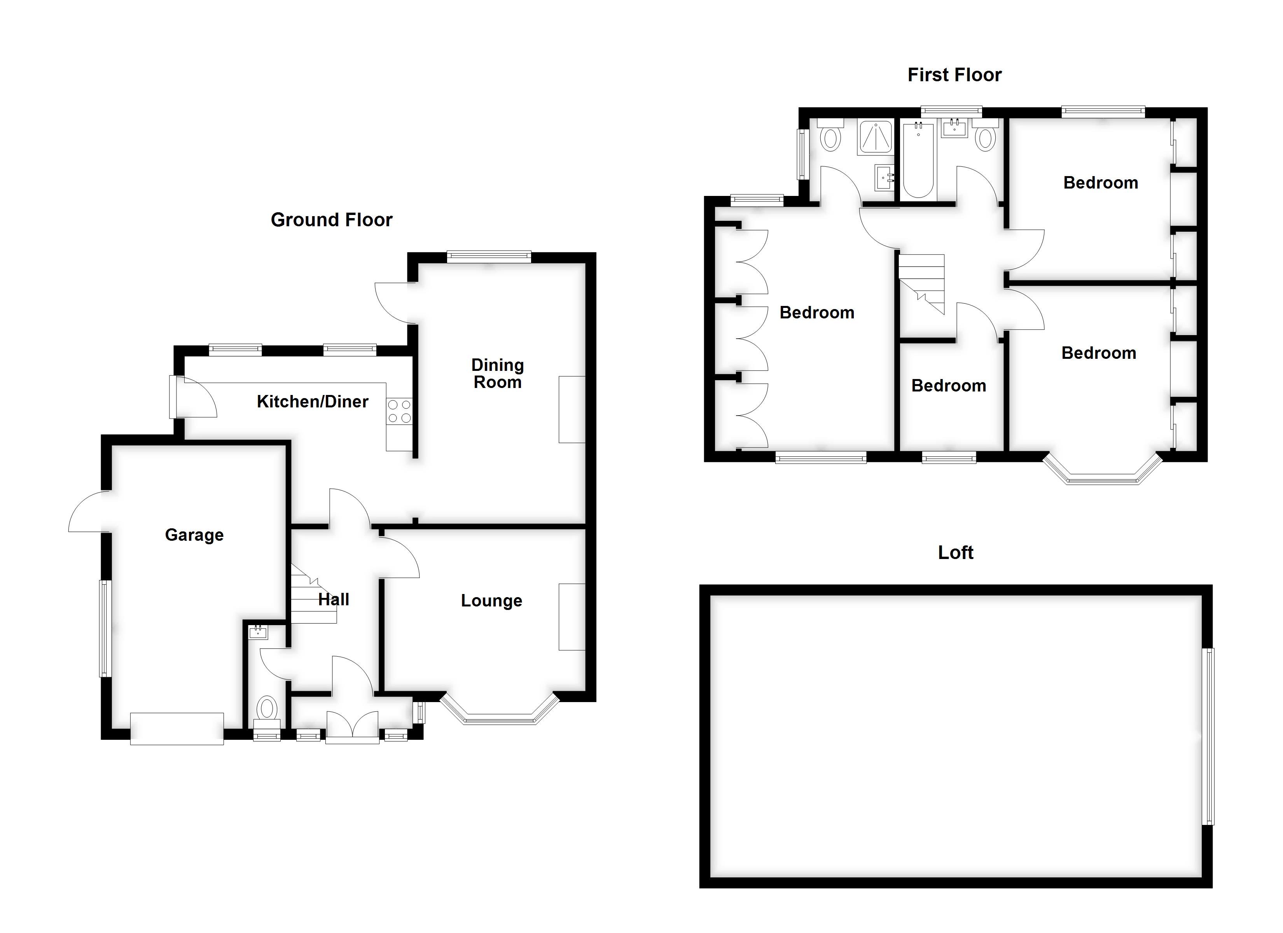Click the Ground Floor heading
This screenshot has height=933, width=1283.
332,220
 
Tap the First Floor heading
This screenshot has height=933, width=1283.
954,75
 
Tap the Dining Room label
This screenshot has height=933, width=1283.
497,374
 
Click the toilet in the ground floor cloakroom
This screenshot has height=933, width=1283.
266,708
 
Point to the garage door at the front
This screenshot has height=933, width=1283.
177,729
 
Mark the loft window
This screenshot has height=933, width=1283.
1209,736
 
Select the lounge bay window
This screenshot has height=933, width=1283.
500,714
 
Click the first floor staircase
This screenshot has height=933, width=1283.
922,283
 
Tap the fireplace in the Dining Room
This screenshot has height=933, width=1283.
572,410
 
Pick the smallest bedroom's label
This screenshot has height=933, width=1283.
949,386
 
